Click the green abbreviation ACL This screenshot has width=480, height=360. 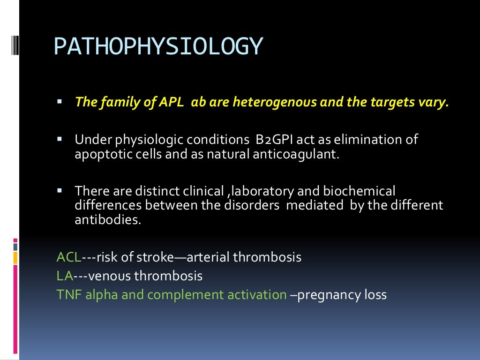point(68,257)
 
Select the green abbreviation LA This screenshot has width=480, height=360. point(64,276)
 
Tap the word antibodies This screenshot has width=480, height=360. point(107,220)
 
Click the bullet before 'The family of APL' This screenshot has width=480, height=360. point(60,102)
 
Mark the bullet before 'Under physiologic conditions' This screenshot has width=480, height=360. point(60,139)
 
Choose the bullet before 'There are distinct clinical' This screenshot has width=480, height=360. point(60,191)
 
